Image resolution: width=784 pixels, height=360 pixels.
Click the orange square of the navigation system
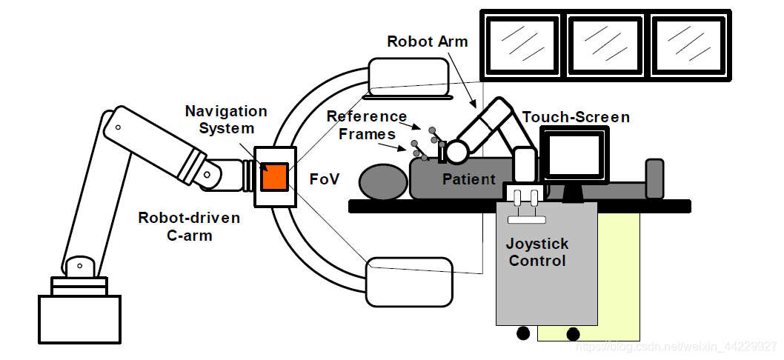tap(275, 176)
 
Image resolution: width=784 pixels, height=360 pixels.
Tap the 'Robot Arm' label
tap(428, 41)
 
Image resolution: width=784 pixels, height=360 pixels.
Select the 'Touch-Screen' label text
tap(576, 117)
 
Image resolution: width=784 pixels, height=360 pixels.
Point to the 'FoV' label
tap(324, 179)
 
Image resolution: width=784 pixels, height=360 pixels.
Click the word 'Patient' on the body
tap(469, 179)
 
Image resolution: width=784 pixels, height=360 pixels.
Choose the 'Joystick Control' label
tap(537, 252)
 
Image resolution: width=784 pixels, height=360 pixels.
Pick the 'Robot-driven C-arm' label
tap(189, 227)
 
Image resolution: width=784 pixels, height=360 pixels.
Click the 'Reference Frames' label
tap(368, 125)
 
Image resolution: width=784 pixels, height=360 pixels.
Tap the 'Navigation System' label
tap(226, 119)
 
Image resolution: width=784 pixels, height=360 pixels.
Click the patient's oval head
tap(382, 181)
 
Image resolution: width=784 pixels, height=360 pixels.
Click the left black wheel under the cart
tap(523, 334)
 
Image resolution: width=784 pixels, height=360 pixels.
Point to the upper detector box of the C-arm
tap(408, 79)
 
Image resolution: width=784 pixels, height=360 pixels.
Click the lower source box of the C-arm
tap(409, 281)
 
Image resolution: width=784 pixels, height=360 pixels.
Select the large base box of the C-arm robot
tap(79, 319)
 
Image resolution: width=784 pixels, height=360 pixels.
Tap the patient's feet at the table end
tap(654, 179)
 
